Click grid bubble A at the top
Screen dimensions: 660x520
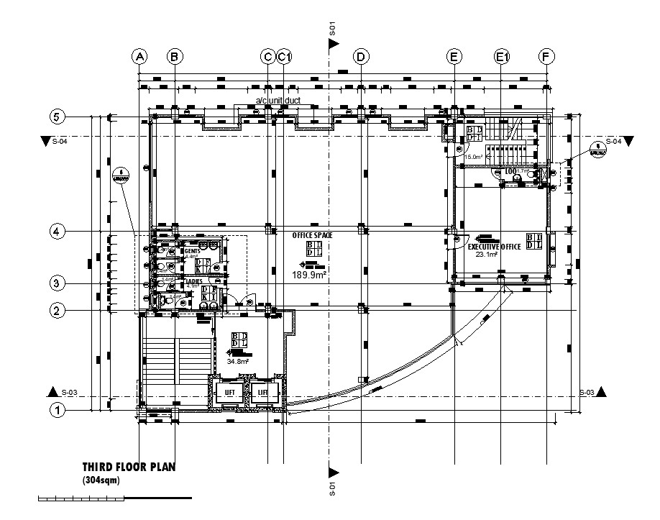139,56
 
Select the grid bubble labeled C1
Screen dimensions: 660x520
285,56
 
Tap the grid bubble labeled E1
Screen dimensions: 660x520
501,56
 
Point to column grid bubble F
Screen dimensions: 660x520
547,56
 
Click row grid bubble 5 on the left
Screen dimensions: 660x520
57,117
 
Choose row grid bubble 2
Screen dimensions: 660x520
57,311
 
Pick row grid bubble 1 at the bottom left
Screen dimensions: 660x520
57,410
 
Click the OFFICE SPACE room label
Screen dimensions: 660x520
313,235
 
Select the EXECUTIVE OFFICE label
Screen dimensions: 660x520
495,247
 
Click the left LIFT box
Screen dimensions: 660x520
230,393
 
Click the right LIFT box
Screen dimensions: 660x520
263,393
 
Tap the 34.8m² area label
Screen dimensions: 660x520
237,362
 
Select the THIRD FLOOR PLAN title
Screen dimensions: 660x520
128,467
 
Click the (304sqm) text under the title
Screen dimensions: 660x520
102,480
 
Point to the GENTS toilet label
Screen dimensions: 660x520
191,250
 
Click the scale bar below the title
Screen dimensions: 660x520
114,497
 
